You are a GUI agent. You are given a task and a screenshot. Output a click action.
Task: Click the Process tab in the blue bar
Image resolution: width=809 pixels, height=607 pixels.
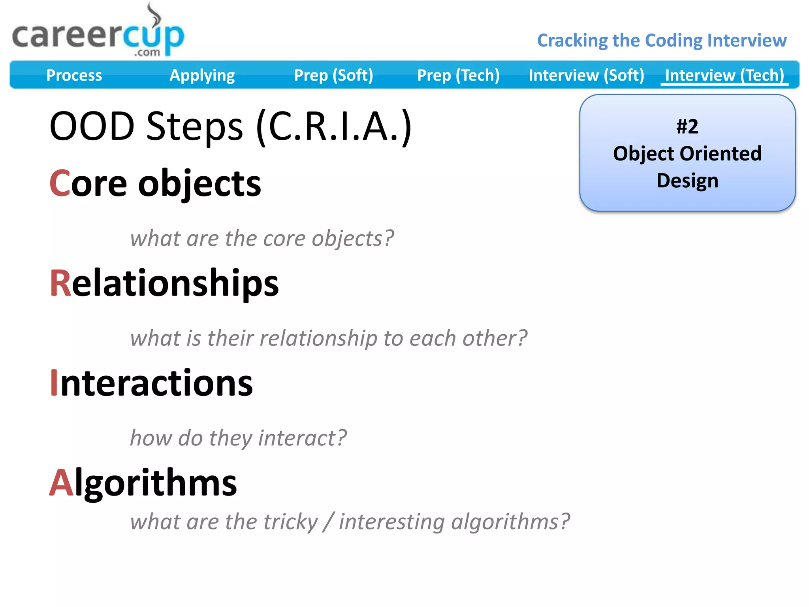(x=74, y=75)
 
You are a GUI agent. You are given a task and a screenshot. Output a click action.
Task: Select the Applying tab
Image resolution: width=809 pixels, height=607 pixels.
(x=202, y=75)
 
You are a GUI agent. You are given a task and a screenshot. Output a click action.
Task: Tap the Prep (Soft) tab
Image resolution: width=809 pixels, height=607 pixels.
(x=333, y=75)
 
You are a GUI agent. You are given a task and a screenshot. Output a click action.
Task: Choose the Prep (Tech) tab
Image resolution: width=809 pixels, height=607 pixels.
(x=458, y=75)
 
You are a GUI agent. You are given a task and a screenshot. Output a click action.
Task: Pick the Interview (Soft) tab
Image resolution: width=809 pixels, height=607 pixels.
(x=586, y=75)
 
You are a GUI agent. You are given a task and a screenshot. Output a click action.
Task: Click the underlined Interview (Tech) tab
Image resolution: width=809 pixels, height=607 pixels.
(x=724, y=75)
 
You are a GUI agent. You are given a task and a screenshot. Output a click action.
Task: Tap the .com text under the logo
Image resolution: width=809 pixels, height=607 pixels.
(x=147, y=53)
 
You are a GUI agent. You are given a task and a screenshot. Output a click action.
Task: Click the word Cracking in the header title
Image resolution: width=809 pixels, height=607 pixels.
(x=572, y=41)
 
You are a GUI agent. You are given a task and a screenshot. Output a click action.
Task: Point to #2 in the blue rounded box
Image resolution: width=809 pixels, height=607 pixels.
(x=687, y=127)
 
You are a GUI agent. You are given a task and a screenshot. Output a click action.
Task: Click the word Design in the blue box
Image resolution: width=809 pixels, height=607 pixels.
(x=687, y=181)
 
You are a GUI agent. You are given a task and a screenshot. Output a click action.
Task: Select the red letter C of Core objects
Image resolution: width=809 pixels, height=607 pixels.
(x=60, y=183)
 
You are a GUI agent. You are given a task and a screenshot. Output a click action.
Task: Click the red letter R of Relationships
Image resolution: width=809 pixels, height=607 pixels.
(x=60, y=283)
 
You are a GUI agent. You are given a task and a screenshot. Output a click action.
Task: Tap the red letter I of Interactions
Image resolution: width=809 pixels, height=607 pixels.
(x=54, y=383)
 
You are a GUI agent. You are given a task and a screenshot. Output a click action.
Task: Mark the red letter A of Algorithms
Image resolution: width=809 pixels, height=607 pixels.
(x=61, y=483)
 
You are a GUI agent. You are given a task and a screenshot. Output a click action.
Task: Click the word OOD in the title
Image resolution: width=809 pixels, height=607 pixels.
(x=92, y=126)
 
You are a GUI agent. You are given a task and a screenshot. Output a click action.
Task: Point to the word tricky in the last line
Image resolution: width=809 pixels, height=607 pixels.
(x=290, y=522)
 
